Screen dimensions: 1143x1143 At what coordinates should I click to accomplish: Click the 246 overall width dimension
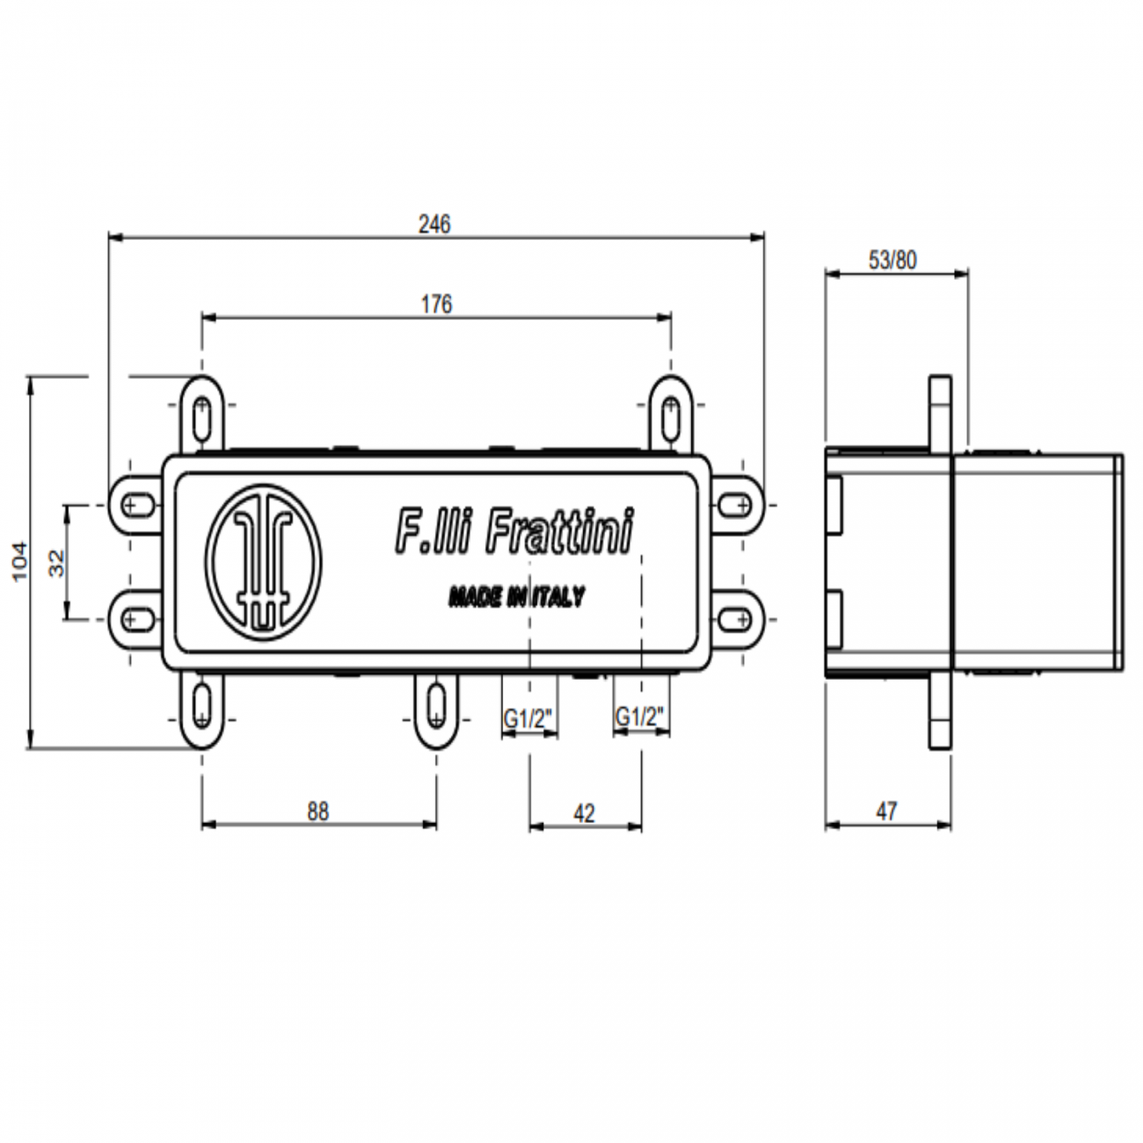434,224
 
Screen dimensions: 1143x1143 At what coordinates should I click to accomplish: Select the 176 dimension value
436,304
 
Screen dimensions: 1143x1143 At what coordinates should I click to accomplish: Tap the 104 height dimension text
19,561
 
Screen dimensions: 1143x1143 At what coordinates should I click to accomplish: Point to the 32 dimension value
56,563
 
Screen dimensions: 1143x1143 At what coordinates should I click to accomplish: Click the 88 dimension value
317,811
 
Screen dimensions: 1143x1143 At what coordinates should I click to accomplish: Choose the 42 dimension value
584,813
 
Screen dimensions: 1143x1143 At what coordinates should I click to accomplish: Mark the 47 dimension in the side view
886,811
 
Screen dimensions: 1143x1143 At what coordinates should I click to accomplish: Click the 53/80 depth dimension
892,260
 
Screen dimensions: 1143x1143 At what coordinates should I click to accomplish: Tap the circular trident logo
264,561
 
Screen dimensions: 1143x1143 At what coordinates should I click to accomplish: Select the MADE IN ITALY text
516,598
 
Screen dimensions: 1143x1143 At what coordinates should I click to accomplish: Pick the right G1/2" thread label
640,717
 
